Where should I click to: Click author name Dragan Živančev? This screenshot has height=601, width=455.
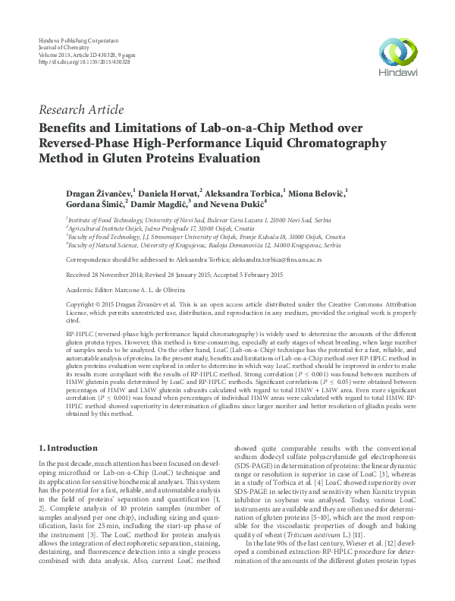click(99, 192)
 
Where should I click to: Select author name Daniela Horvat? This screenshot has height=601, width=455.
click(168, 192)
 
